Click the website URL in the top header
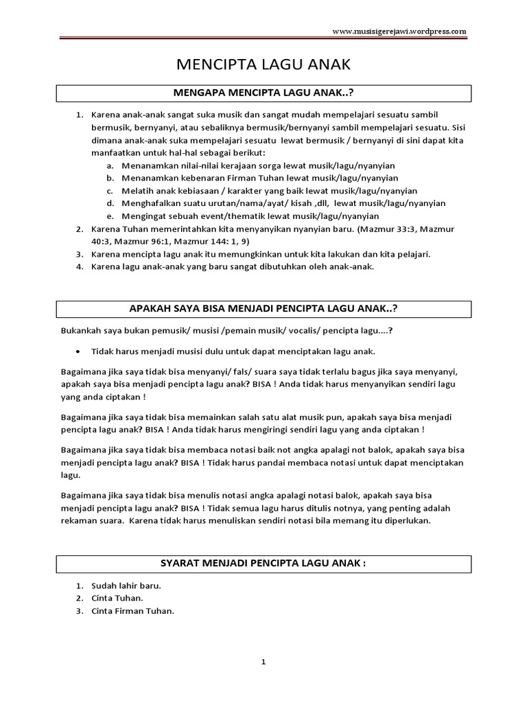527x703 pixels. pos(399,32)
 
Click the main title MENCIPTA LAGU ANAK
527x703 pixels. pos(264,65)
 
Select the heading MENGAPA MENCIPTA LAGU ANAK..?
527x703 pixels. pos(264,93)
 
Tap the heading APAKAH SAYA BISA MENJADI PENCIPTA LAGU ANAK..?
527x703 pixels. pos(264,308)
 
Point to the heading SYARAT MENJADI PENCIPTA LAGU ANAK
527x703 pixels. pos(264,564)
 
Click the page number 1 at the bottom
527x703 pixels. pos(263,662)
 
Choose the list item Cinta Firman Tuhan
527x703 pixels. pos(132,611)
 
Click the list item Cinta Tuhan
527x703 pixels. pos(119,599)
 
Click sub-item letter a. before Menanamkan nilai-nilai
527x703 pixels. pos(110,166)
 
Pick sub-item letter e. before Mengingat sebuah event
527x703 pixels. pos(110,216)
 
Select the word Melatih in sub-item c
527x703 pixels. pos(136,191)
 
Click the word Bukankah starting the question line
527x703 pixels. pos(80,331)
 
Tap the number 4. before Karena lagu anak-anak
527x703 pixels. pos(79,266)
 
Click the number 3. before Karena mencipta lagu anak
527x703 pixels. pos(79,254)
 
